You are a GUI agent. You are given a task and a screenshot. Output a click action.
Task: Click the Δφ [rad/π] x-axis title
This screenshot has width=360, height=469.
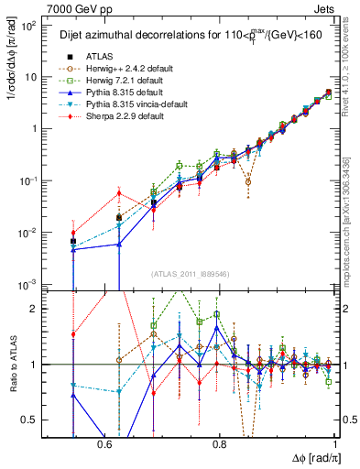click(311, 457)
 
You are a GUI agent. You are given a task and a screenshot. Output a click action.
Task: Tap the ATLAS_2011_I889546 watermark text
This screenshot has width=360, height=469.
click(183, 274)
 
